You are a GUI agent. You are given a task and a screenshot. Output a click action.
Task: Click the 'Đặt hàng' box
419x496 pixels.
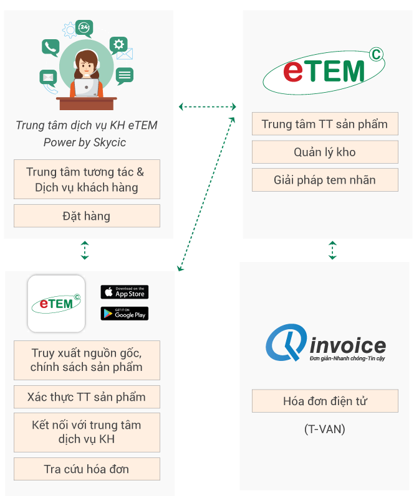pyautogui.click(x=87, y=216)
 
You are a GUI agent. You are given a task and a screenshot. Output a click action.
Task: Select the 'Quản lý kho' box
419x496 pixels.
pyautogui.click(x=325, y=152)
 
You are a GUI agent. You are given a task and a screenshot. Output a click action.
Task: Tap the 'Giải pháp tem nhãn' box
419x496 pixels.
pyautogui.click(x=325, y=180)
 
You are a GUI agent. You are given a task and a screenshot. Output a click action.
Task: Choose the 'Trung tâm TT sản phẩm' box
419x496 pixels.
pyautogui.click(x=325, y=124)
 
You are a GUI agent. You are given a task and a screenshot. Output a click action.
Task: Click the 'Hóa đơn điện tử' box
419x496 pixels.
pyautogui.click(x=325, y=401)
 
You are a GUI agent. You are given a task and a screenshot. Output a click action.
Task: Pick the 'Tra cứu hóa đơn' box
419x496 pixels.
pyautogui.click(x=87, y=469)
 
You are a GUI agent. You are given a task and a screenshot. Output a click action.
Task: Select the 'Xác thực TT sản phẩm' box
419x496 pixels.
pyautogui.click(x=87, y=396)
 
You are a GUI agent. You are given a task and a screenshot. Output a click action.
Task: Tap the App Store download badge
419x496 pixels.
pyautogui.click(x=125, y=292)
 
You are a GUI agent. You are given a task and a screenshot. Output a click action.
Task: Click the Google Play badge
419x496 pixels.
pyautogui.click(x=125, y=314)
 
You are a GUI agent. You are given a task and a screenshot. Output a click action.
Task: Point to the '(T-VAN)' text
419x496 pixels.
pyautogui.click(x=325, y=429)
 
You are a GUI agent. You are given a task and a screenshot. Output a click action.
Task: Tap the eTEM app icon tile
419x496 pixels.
pyautogui.click(x=56, y=304)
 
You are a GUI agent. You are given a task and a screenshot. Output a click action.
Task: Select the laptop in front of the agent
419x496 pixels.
pyautogui.click(x=86, y=88)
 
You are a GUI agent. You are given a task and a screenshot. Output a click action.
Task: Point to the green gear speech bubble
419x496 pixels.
pyautogui.click(x=118, y=44)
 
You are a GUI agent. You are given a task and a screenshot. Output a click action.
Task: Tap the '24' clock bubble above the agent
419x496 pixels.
pyautogui.click(x=85, y=27)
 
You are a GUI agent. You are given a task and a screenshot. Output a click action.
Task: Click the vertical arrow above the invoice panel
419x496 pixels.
pyautogui.click(x=332, y=250)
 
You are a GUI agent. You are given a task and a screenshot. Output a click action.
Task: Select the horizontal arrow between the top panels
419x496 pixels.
pyautogui.click(x=208, y=106)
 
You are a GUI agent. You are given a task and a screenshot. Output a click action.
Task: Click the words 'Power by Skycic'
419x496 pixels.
pyautogui.click(x=85, y=143)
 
